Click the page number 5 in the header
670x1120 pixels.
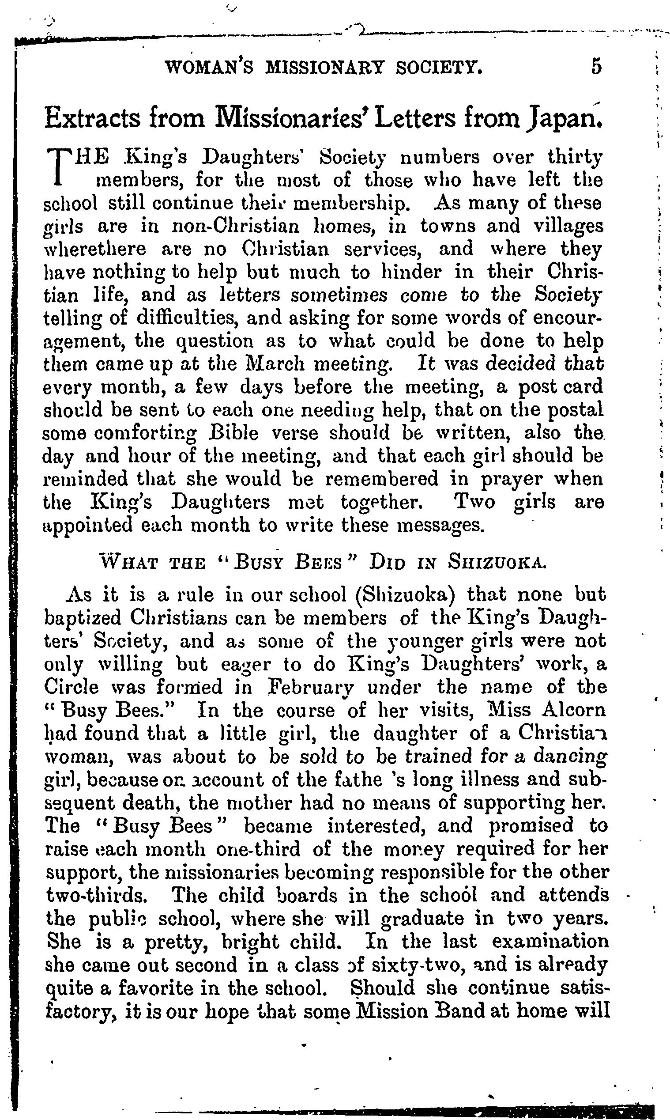pyautogui.click(x=596, y=67)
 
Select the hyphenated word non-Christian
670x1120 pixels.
pyautogui.click(x=236, y=226)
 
